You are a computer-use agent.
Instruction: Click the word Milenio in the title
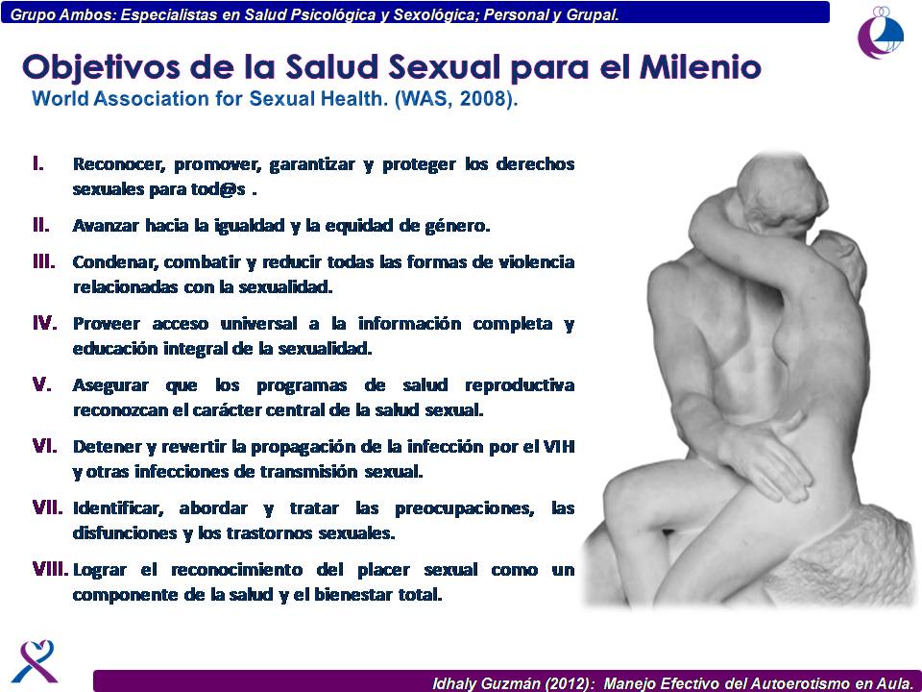click(x=700, y=66)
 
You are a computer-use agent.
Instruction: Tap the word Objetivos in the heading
click(x=101, y=68)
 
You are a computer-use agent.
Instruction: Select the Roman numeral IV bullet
click(x=45, y=323)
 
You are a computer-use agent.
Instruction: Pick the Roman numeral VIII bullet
click(x=51, y=569)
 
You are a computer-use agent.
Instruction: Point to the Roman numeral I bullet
click(x=38, y=163)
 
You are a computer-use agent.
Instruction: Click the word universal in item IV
click(x=258, y=323)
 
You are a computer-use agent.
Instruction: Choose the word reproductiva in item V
click(x=520, y=386)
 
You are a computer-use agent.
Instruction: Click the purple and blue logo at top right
click(x=881, y=33)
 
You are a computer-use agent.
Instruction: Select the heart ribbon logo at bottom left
click(x=35, y=661)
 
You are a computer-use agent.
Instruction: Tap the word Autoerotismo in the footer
click(x=797, y=683)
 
